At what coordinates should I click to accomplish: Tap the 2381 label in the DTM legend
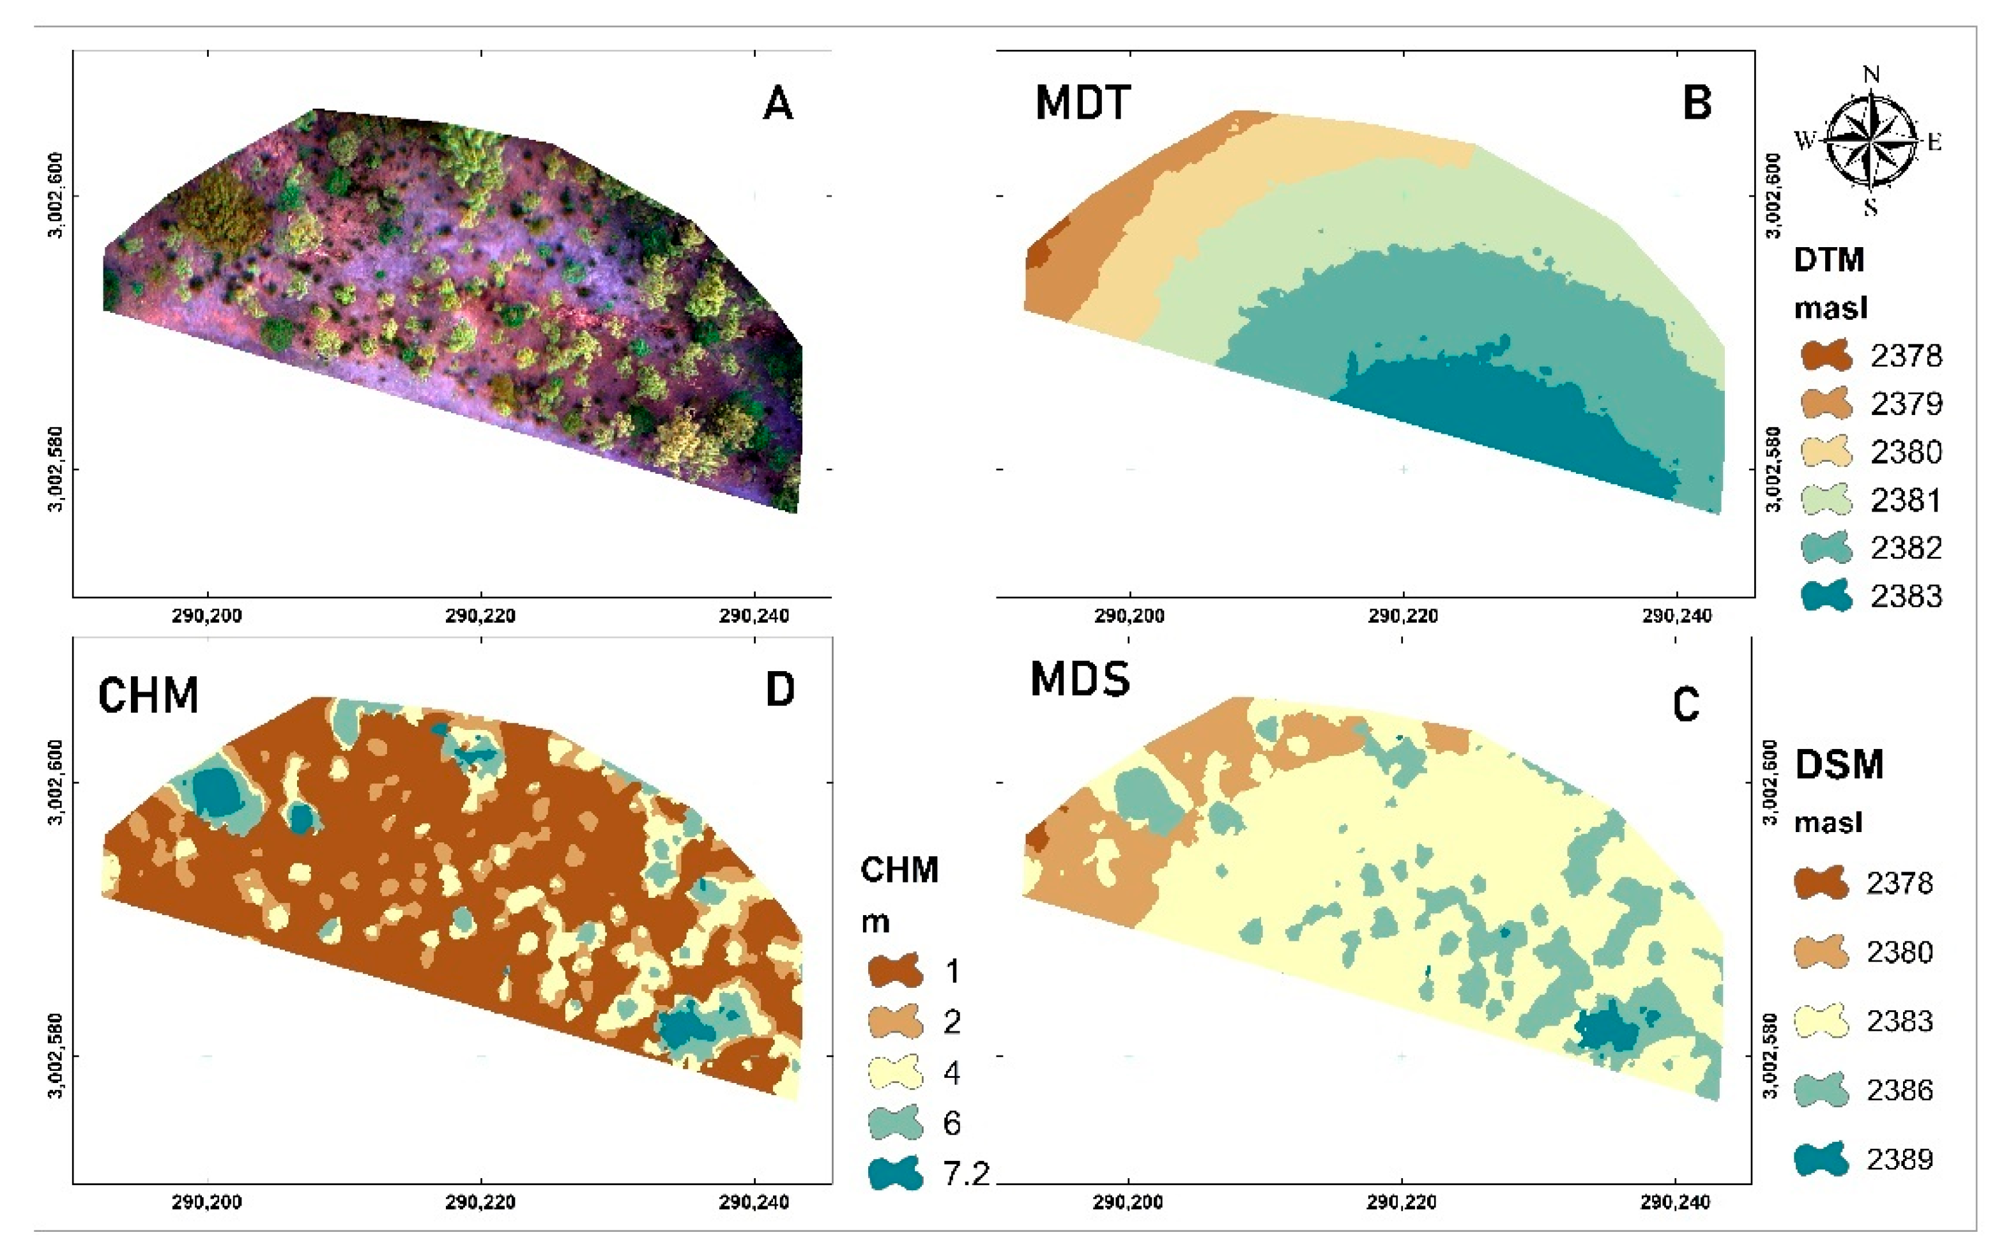(x=1906, y=500)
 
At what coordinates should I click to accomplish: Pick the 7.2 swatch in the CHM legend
(x=894, y=1173)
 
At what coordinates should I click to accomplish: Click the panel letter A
(x=777, y=105)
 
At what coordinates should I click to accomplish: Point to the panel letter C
(x=1685, y=706)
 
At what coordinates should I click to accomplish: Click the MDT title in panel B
(x=1082, y=104)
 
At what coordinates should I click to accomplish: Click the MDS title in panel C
(x=1080, y=679)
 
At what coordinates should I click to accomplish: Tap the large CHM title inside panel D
(x=148, y=695)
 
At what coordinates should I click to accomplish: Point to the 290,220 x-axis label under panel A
(x=480, y=616)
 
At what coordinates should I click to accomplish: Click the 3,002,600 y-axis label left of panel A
(x=56, y=195)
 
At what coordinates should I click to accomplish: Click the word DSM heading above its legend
(x=1839, y=764)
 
